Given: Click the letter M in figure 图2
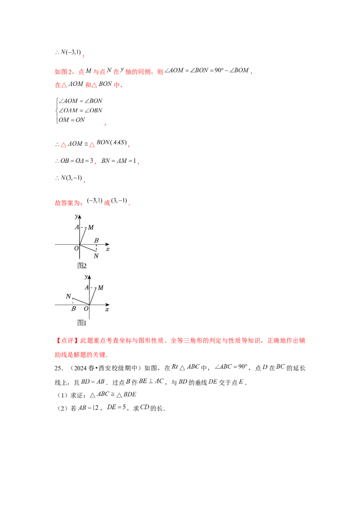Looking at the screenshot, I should [91, 228].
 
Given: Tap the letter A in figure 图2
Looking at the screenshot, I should [77, 227].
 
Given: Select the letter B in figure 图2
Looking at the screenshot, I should [96, 241].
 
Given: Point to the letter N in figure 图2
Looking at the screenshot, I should [96, 256].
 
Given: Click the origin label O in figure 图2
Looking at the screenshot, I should [76, 248].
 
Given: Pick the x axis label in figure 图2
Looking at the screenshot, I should [108, 249].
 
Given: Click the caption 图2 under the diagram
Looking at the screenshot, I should [82, 265].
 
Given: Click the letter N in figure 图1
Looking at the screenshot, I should [68, 296].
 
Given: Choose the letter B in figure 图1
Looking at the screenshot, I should [73, 309].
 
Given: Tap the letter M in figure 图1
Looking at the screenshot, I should [100, 288].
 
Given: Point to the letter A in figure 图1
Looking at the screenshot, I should [87, 287].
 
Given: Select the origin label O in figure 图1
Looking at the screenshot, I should [86, 309].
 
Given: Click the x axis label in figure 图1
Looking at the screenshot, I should [107, 309].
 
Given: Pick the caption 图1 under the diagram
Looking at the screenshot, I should [82, 322].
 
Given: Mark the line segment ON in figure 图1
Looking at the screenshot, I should [81, 301].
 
